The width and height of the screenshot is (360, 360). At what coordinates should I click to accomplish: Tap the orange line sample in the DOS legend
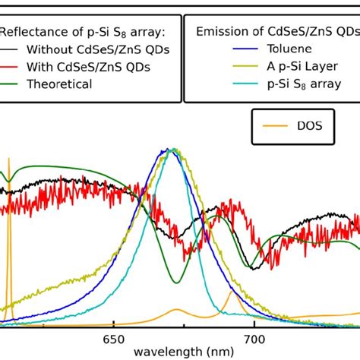(x=273, y=125)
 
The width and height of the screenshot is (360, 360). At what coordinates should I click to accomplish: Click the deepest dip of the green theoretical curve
(x=179, y=282)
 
